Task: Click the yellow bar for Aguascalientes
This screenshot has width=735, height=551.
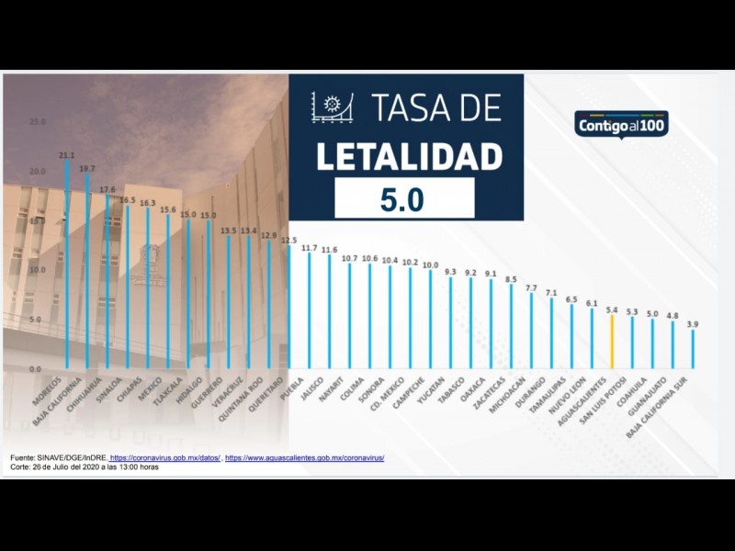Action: point(612,342)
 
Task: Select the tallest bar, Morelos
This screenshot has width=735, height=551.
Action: point(66,266)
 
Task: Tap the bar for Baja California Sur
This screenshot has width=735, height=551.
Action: point(693,349)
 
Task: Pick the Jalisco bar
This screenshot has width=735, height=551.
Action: point(329,312)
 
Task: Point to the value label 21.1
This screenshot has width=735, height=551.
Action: point(66,155)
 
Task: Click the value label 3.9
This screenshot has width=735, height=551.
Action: point(693,324)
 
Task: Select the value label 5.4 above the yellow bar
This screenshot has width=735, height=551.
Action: point(612,310)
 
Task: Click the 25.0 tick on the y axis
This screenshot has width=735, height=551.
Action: point(37,121)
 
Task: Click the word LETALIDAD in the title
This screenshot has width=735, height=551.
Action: point(409,155)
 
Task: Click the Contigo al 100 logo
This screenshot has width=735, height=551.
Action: point(621,124)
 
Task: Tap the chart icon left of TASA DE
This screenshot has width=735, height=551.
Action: point(332,107)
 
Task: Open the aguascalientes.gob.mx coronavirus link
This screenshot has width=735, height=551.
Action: point(304,457)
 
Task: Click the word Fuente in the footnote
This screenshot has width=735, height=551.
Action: point(23,457)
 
